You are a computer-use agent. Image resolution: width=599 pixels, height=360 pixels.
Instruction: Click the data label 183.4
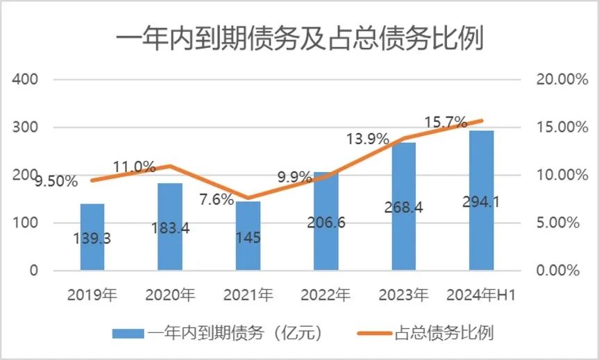click(x=170, y=230)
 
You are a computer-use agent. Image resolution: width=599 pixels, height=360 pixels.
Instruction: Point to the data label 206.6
click(x=326, y=223)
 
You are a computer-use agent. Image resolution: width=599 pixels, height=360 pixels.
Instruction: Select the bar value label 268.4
click(x=404, y=207)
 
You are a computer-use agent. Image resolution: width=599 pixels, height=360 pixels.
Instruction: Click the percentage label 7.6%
click(x=216, y=200)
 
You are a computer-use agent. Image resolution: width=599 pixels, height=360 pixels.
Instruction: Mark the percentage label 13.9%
click(x=367, y=139)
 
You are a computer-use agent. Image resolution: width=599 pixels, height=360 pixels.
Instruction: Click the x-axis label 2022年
click(x=326, y=294)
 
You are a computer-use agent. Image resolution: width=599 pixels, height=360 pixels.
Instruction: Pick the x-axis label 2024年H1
click(x=482, y=294)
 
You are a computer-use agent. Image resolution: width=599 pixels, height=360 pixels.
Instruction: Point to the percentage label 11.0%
click(x=135, y=166)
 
